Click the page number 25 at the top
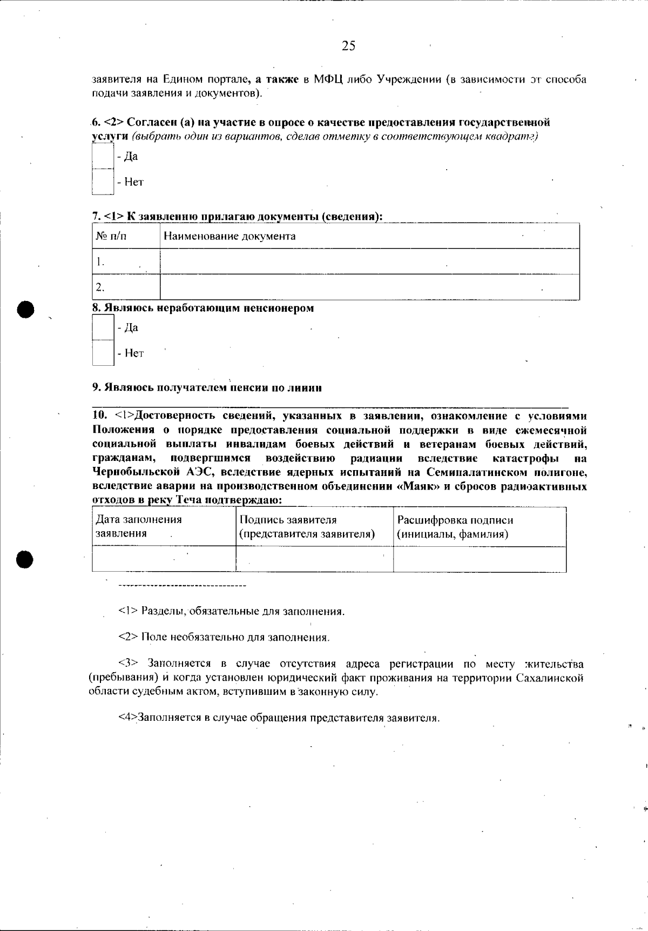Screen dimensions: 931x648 348,46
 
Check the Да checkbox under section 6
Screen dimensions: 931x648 103,157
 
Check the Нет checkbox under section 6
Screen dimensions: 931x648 103,182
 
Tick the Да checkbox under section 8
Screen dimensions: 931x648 103,327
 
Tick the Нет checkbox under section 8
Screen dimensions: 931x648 103,353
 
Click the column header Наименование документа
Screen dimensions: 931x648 230,236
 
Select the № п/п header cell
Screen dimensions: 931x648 111,236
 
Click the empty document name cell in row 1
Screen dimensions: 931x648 369,262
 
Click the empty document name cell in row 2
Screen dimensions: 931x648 369,287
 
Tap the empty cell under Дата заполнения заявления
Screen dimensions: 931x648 164,559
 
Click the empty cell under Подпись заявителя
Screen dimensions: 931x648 314,559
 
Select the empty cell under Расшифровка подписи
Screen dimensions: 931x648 480,559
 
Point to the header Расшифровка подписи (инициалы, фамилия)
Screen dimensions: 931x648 455,527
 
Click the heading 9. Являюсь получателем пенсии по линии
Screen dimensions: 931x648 207,388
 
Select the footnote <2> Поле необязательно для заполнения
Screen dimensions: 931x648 224,637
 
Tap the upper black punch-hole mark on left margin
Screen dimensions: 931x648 25,309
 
